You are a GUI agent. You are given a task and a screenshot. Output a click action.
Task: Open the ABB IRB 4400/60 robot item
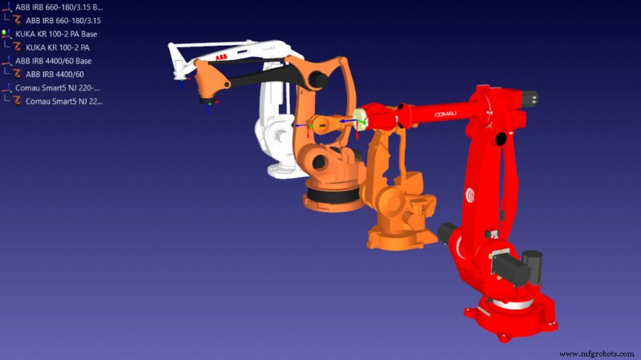pyautogui.click(x=54, y=75)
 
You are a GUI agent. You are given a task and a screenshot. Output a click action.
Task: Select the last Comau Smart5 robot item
pyautogui.click(x=63, y=102)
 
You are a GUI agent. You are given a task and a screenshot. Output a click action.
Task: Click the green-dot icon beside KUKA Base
pyautogui.click(x=6, y=34)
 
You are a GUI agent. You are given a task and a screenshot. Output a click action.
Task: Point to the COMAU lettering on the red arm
pyautogui.click(x=450, y=115)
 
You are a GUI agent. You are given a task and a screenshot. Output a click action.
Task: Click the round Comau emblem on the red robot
pyautogui.click(x=471, y=195)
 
